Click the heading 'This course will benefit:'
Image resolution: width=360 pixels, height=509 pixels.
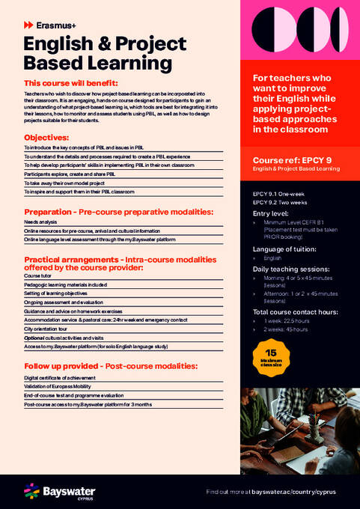click(x=70, y=82)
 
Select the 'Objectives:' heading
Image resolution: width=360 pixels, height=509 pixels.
click(x=46, y=138)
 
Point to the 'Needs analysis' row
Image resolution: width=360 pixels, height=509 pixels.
click(x=40, y=222)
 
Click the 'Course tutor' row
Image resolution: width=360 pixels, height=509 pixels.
click(x=38, y=276)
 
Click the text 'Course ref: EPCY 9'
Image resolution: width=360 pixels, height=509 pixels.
click(x=293, y=160)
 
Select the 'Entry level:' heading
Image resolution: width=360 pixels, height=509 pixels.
click(x=273, y=213)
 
